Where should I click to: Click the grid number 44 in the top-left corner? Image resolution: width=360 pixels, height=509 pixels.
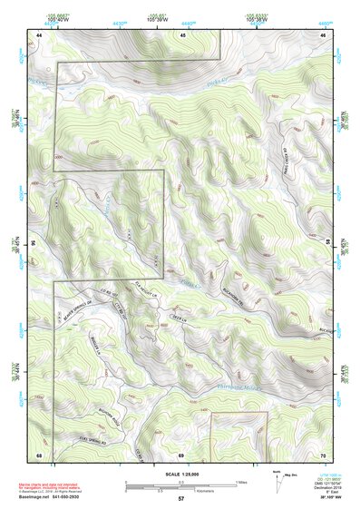[x=39, y=34]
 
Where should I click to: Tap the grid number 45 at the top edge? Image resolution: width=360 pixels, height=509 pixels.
[x=181, y=34]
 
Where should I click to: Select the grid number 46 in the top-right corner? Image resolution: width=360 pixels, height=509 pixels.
[x=323, y=34]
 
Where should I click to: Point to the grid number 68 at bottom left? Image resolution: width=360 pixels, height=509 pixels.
[x=39, y=454]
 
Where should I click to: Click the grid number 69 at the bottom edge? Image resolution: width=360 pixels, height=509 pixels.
[x=180, y=454]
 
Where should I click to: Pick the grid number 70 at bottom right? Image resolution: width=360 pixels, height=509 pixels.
[x=323, y=454]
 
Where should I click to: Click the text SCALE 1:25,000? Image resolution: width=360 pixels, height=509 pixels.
[x=180, y=474]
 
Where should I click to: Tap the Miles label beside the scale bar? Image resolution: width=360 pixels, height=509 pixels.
[x=241, y=481]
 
